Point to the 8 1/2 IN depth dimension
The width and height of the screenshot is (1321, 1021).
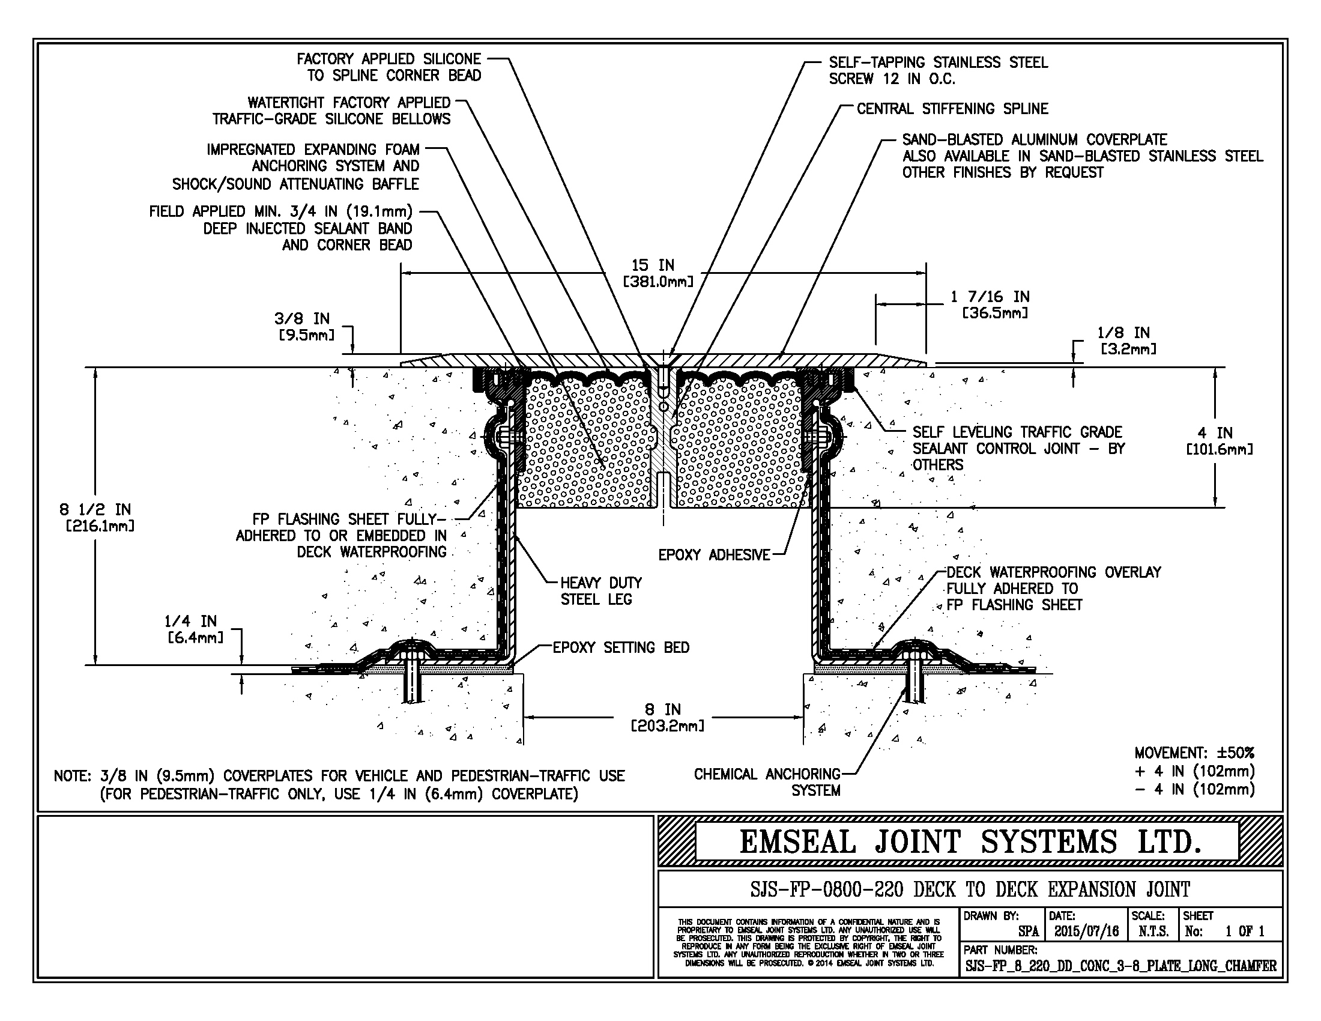click(97, 517)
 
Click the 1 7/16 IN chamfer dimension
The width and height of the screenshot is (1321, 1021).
click(989, 305)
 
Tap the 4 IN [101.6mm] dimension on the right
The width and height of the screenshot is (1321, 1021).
click(1220, 441)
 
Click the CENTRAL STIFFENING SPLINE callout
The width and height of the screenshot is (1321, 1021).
click(952, 109)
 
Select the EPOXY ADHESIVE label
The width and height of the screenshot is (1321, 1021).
click(714, 555)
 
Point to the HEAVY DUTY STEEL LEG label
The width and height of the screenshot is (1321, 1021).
click(600, 591)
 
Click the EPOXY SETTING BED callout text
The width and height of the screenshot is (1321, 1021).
click(621, 647)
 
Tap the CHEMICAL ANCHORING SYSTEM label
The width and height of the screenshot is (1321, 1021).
click(767, 782)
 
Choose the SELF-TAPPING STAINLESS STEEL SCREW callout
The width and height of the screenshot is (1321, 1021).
click(938, 70)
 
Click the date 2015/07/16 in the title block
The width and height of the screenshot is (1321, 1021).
click(1087, 931)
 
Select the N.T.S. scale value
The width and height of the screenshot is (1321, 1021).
click(1153, 931)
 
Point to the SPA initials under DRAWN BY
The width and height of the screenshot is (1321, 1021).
click(1028, 932)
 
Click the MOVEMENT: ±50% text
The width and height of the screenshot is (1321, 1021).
click(1194, 753)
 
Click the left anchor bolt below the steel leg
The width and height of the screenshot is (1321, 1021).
click(414, 671)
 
